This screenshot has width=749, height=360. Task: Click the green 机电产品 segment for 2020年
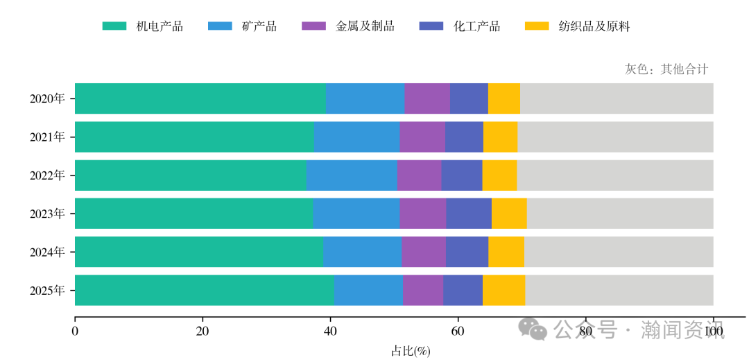coord(200,98)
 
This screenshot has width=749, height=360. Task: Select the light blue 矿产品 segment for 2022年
coord(352,175)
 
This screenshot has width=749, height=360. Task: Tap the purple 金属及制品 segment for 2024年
coord(424,251)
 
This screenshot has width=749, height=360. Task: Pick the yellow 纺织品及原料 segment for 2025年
coord(503,289)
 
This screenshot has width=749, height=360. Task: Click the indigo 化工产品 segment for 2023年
coord(469,213)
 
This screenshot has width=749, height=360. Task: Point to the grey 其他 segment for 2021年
coord(615,137)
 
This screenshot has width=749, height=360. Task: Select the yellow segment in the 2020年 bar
coord(504,98)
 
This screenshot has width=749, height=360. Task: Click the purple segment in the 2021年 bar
coord(422,137)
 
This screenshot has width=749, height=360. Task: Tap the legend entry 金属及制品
coord(364,26)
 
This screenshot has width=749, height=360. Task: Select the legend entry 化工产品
coord(476,26)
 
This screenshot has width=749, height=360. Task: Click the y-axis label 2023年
coord(47,214)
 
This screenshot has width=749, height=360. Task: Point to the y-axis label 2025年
coord(47,290)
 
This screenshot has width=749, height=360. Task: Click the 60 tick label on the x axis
coord(458,332)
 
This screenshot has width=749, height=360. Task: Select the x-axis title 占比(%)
coord(411,351)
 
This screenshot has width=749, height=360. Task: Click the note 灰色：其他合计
coord(666,69)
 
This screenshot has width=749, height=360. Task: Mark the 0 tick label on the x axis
coord(75,332)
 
